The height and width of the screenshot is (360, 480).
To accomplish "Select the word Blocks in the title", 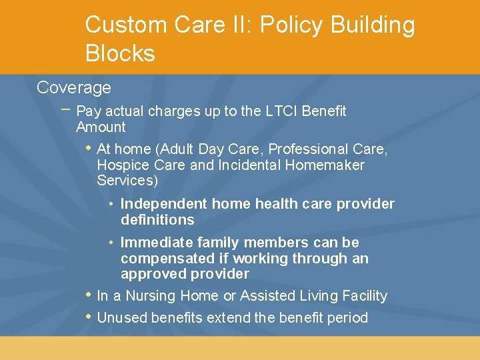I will [120, 53].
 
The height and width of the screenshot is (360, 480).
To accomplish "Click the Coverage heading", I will [74, 87].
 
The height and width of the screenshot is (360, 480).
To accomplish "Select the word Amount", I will [101, 127].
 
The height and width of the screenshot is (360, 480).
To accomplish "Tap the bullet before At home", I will [88, 148].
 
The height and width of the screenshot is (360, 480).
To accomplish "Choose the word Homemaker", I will [325, 165].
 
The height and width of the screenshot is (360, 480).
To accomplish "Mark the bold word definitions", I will [157, 219].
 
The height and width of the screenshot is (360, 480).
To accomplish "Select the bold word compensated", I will [166, 258].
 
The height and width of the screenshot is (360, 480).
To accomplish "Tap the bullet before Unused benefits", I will [88, 317].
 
